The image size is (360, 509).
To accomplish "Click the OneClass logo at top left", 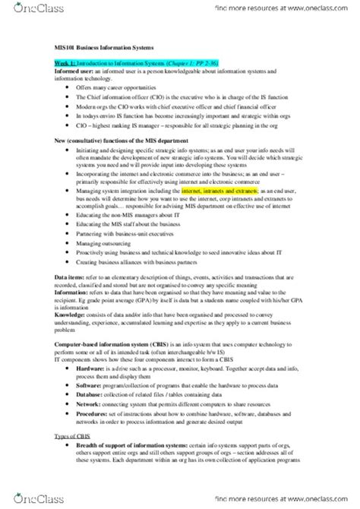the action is coord(23,9).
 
